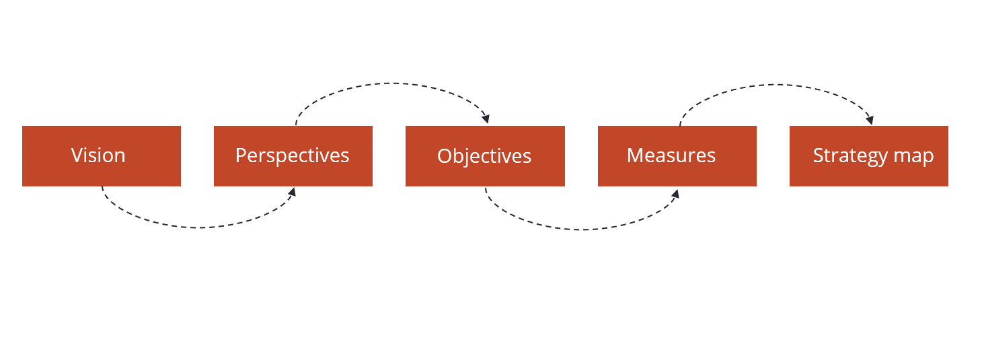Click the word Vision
98,155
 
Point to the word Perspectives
292,155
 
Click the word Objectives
484,156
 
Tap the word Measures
671,155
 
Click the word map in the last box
914,156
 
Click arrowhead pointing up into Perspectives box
292,192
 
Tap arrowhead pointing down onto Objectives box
486,119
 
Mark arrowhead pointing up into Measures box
675,194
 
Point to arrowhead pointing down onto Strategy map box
870,120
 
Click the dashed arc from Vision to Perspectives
199,227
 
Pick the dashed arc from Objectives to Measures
582,229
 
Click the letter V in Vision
76,155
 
